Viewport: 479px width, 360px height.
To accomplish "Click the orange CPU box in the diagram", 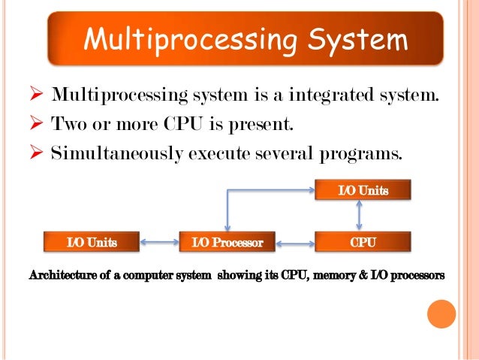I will point(363,242).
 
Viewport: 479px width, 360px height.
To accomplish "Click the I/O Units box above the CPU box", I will point(363,191).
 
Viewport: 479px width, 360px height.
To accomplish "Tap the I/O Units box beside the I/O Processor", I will point(92,242).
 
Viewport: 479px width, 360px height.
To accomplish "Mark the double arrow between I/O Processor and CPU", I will point(295,243).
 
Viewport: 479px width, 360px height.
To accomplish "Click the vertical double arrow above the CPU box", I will point(360,216).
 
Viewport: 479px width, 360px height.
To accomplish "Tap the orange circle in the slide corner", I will point(441,313).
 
